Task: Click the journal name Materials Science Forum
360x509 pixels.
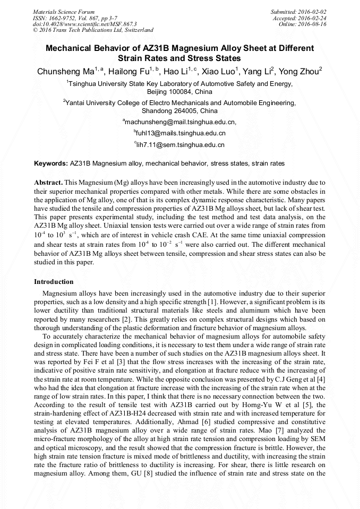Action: click(x=64, y=11)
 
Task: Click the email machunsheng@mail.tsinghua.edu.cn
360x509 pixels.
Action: click(x=181, y=122)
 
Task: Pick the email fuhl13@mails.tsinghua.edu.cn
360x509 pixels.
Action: click(x=181, y=133)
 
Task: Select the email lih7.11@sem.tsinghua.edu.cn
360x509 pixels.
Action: click(x=181, y=144)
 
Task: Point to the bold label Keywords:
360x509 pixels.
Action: click(x=50, y=163)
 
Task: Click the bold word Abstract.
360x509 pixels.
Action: click(x=48, y=182)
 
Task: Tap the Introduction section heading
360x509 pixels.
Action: click(x=54, y=281)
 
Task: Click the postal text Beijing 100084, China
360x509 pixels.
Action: click(x=179, y=92)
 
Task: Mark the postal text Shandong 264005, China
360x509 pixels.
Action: click(x=179, y=111)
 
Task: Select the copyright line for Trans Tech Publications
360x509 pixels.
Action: click(x=93, y=30)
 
